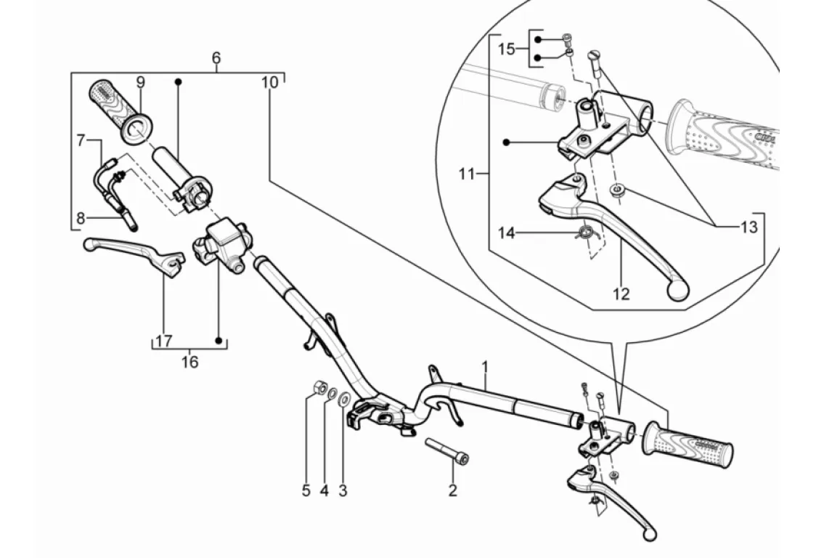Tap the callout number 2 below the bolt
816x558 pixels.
(452, 490)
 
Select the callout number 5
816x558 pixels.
(306, 490)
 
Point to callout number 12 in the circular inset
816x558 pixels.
(621, 294)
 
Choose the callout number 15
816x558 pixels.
(506, 49)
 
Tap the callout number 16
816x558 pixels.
(189, 361)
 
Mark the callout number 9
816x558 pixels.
(140, 81)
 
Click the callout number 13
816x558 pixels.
(748, 227)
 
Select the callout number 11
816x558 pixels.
(466, 174)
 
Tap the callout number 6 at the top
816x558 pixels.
(216, 57)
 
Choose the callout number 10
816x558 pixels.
(269, 82)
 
